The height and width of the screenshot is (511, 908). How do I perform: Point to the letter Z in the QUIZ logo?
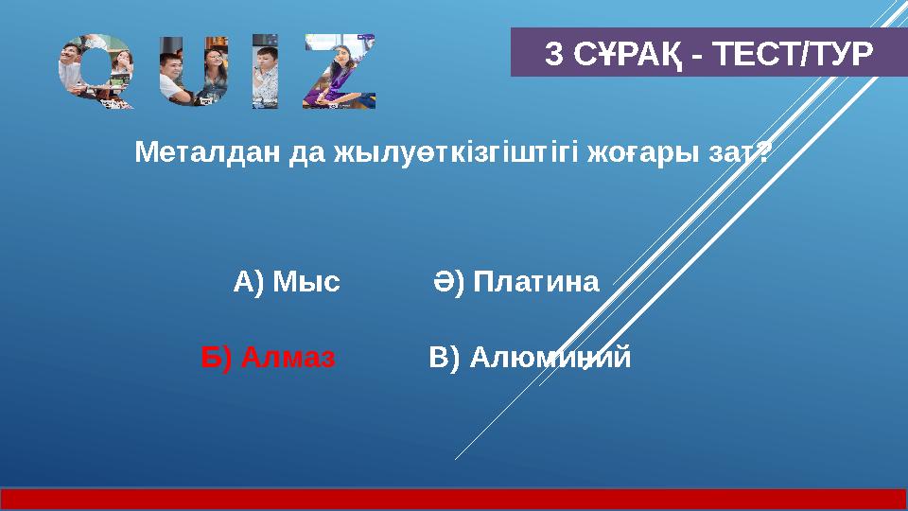[x=344, y=72]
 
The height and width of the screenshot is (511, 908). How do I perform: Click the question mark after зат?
[x=762, y=152]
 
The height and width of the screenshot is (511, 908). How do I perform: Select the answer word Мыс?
[x=306, y=282]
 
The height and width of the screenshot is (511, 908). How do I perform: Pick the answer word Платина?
[x=536, y=282]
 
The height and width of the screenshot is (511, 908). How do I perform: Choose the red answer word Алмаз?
[x=288, y=359]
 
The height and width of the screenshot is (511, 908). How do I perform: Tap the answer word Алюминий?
[x=550, y=359]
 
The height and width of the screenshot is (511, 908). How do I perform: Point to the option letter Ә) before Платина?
[x=449, y=282]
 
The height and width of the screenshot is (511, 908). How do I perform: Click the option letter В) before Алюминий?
[x=445, y=359]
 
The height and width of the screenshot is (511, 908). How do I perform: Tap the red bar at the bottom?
[x=454, y=499]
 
